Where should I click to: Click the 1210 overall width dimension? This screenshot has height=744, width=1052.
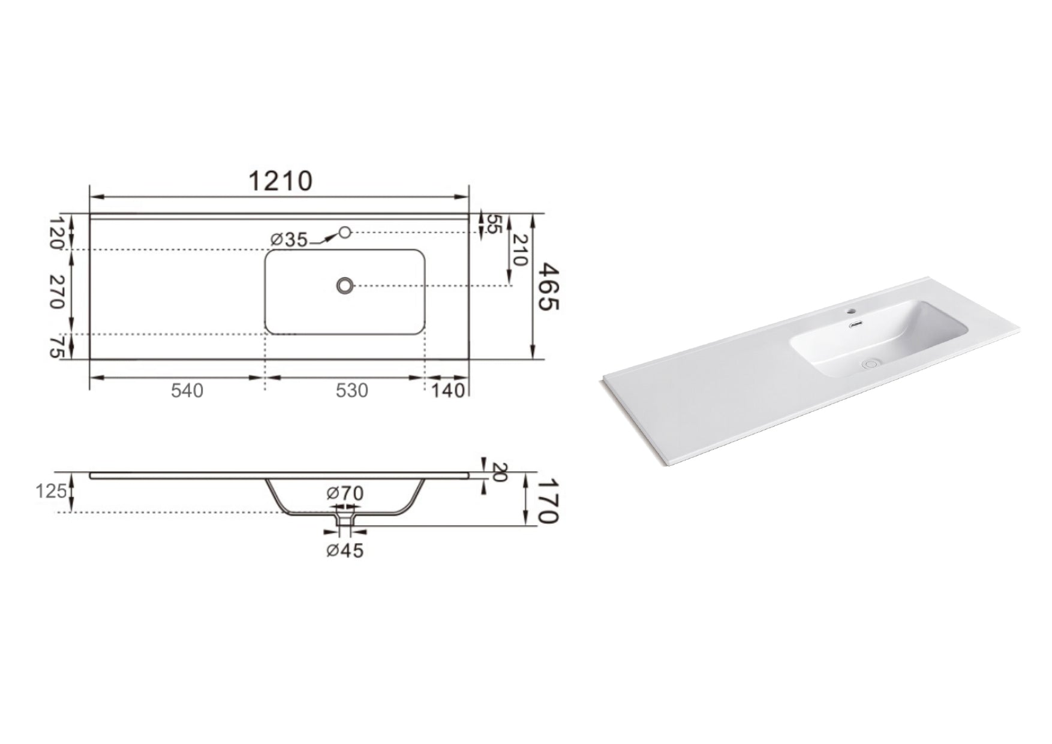[280, 181]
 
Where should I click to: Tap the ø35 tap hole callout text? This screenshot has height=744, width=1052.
[288, 240]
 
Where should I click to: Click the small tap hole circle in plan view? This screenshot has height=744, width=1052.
[345, 232]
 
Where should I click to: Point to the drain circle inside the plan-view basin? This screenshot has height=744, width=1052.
[345, 285]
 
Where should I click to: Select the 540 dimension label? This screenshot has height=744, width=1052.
[187, 391]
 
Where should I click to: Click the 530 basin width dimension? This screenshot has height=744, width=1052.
[351, 391]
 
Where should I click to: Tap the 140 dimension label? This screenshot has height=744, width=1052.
[448, 391]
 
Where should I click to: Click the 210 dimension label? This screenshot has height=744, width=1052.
[519, 250]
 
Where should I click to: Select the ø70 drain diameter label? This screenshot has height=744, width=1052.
[345, 493]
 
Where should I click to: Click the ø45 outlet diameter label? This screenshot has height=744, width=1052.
[345, 550]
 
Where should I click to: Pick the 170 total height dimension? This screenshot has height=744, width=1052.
[548, 500]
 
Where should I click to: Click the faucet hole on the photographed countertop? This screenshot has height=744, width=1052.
[850, 312]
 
